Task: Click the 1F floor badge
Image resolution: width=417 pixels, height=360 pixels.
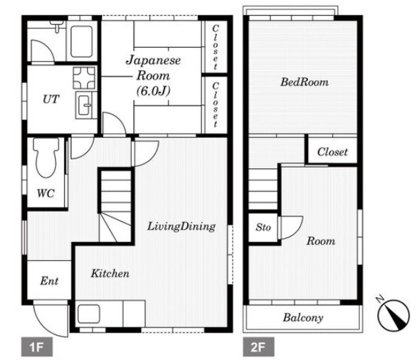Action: [x=37, y=347]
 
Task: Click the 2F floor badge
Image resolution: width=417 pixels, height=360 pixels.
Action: [x=258, y=347]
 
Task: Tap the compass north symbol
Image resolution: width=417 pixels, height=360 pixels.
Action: [x=394, y=314]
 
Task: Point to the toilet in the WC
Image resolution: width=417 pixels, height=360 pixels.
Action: [x=46, y=157]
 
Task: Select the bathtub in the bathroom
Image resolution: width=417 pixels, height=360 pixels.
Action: [x=81, y=41]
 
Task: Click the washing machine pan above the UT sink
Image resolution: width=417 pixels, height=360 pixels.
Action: [x=84, y=78]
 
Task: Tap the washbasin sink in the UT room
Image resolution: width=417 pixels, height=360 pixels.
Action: [x=84, y=105]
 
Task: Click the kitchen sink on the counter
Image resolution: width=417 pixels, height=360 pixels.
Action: [x=89, y=314]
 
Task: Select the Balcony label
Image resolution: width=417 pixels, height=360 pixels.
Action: [x=303, y=317]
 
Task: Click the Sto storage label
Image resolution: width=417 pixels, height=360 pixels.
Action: [x=263, y=228]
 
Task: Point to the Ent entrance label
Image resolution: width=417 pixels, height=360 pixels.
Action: [x=49, y=281]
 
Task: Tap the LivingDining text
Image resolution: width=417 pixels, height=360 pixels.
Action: [x=182, y=226]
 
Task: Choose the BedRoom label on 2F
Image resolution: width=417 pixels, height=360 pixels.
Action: [x=304, y=82]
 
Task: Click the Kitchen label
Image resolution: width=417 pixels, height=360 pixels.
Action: [x=110, y=273]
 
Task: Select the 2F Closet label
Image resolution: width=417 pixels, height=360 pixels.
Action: [x=333, y=152]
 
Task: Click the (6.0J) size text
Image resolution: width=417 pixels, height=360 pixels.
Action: [x=153, y=92]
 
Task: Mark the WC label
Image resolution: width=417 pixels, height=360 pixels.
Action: [x=46, y=193]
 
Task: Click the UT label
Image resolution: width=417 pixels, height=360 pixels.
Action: [x=50, y=99]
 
